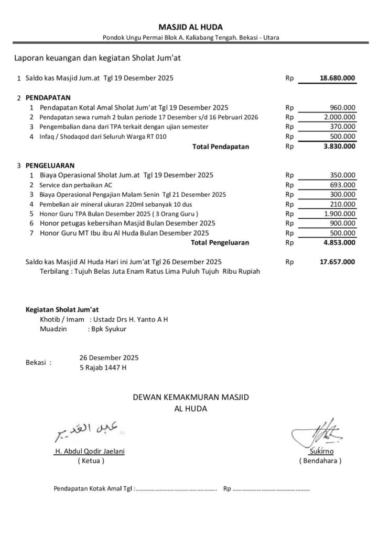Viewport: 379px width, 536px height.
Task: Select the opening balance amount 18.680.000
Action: (x=337, y=79)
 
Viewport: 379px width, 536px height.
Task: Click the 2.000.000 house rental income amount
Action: (x=340, y=117)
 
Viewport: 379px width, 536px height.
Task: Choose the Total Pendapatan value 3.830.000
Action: (x=340, y=147)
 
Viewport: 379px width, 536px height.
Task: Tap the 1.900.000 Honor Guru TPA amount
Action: (x=340, y=214)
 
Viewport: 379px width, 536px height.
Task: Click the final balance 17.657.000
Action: (x=337, y=262)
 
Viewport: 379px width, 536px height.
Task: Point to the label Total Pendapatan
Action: (x=221, y=147)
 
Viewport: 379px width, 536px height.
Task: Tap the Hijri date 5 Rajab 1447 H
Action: (x=103, y=367)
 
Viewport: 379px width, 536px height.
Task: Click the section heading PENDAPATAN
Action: (x=48, y=97)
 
